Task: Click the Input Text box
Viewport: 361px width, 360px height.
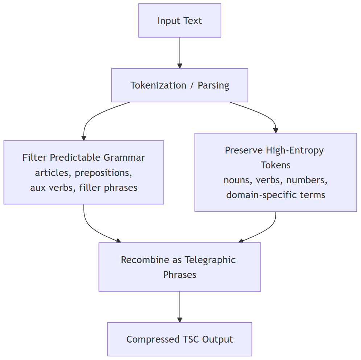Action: (180, 21)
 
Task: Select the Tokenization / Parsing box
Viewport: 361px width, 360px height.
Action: (180, 85)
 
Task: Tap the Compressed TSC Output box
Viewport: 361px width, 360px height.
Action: (180, 339)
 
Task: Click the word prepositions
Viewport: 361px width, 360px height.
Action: (103, 173)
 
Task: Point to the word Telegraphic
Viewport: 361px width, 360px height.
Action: (210, 260)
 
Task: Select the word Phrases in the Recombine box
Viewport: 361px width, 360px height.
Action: (180, 275)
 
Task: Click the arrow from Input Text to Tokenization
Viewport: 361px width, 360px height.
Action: (180, 53)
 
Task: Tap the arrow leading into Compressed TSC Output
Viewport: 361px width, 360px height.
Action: (180, 307)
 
